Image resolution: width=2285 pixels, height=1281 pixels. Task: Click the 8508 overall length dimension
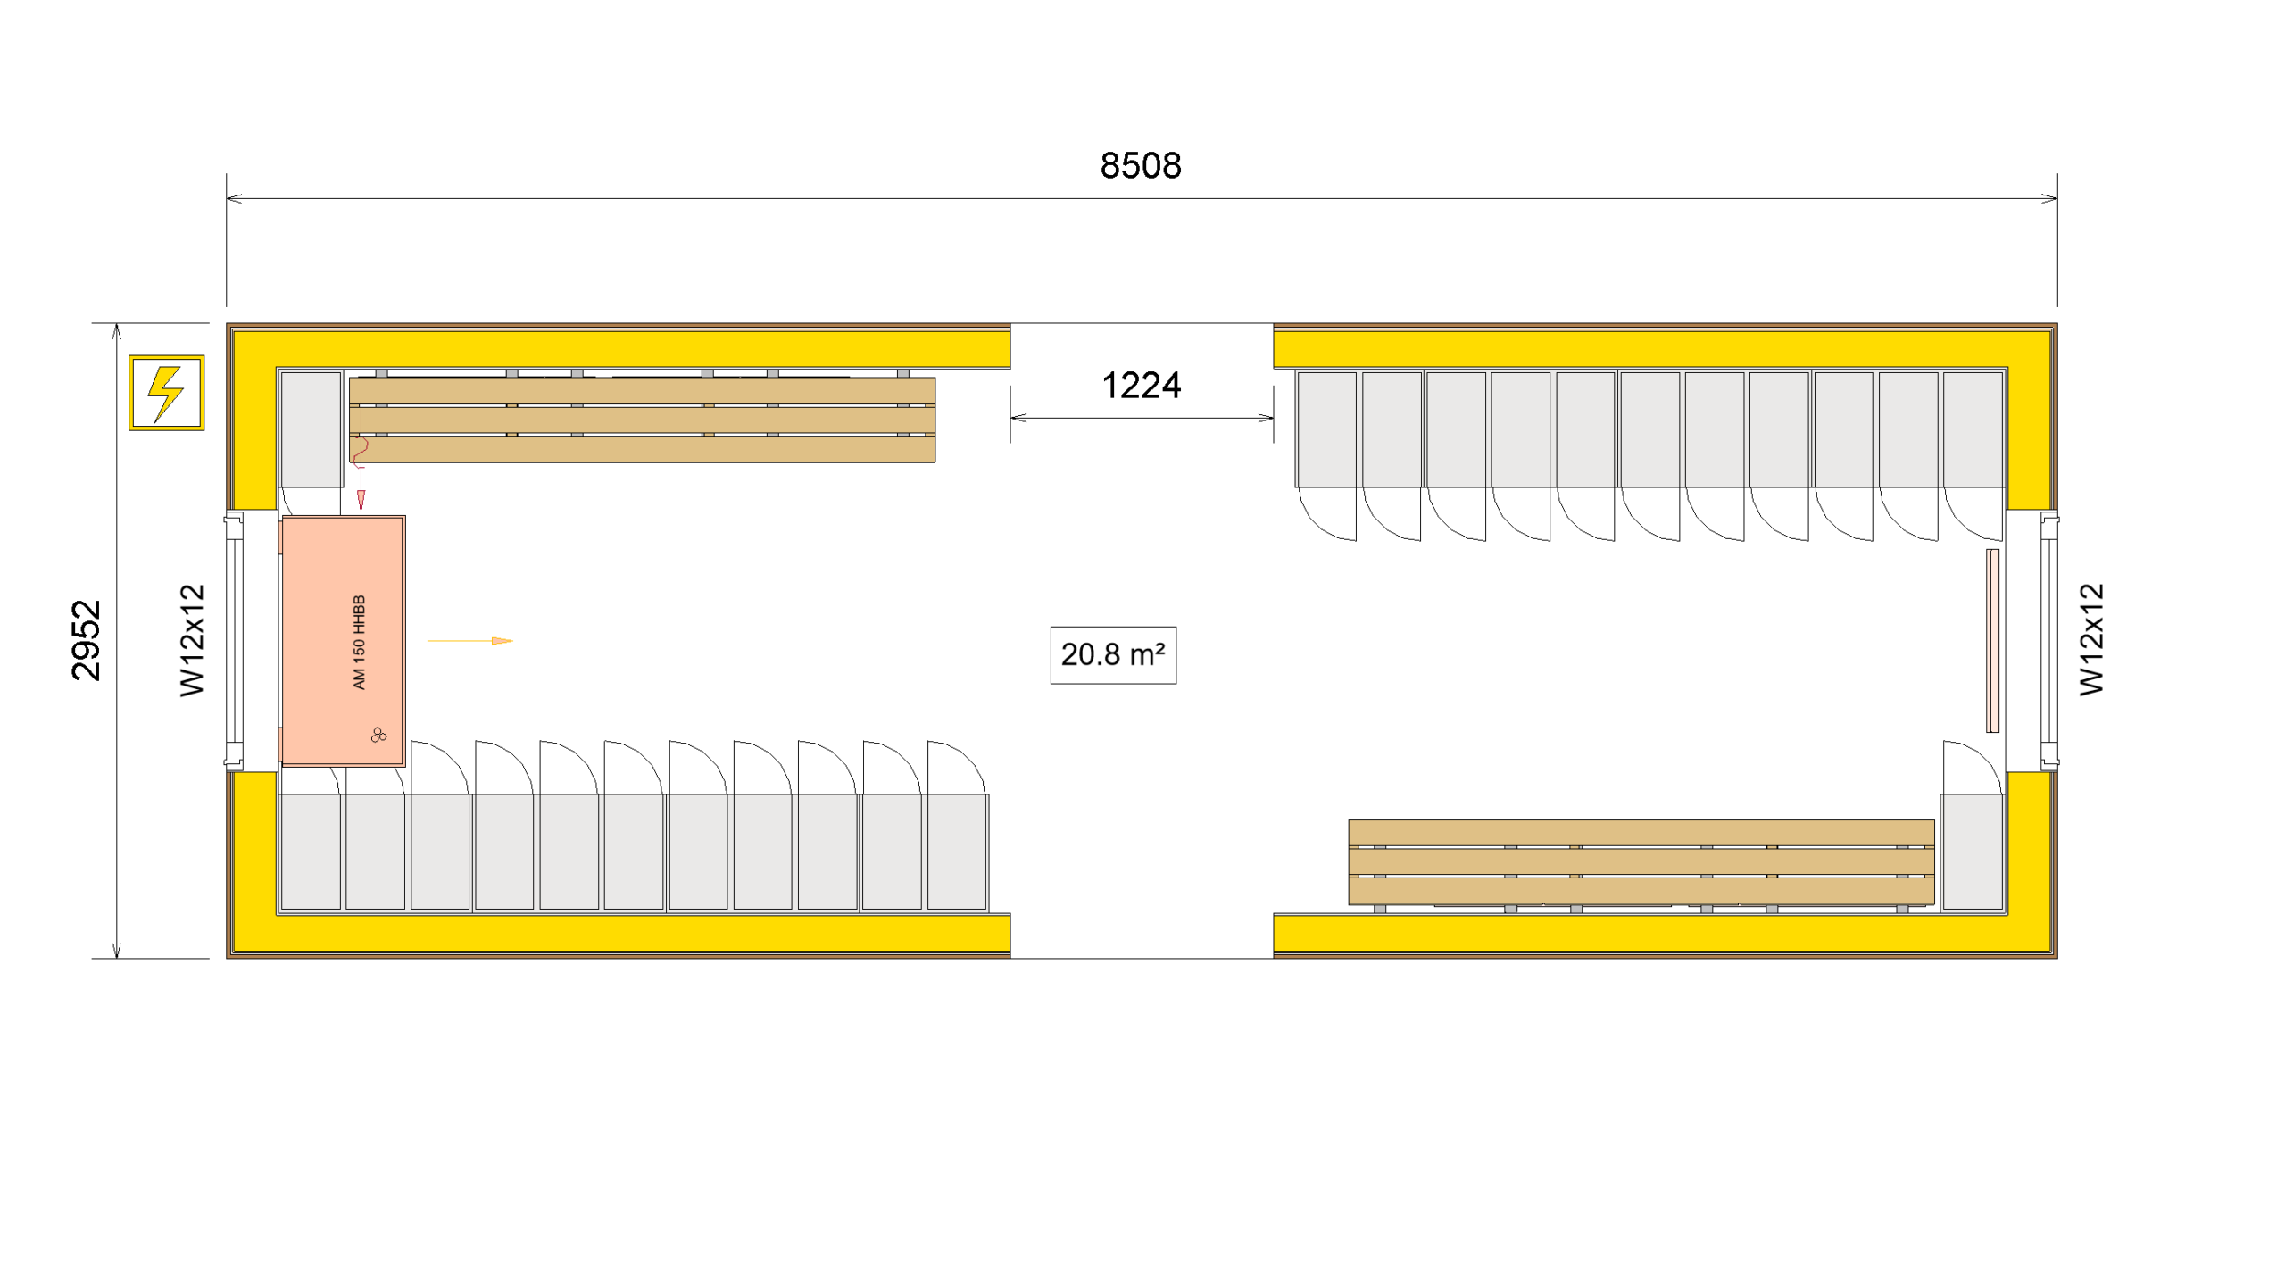pos(1140,166)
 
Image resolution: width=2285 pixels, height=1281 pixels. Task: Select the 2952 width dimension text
pos(87,640)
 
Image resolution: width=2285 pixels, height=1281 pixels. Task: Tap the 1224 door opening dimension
pos(1141,386)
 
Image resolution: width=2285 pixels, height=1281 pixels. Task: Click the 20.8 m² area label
pos(1112,654)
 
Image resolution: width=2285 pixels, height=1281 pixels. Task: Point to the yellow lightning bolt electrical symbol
pos(166,393)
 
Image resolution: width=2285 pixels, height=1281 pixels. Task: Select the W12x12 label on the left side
pos(192,640)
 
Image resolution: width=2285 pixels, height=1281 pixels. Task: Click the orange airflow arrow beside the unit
pos(470,640)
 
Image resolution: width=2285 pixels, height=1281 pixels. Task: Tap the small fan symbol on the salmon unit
pos(378,735)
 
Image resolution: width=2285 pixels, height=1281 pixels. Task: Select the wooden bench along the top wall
pos(642,420)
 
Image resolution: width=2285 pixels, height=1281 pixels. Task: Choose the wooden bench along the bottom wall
pos(1640,861)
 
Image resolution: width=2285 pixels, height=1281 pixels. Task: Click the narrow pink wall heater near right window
pos(1991,640)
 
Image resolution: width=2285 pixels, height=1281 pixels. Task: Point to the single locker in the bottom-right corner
pos(1972,851)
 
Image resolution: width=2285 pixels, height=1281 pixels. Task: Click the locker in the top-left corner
pos(311,428)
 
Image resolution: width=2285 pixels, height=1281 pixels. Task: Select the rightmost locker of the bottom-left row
pos(956,851)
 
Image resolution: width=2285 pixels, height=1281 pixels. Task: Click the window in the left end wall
pos(235,640)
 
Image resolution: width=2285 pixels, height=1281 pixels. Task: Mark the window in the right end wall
pos(2048,640)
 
